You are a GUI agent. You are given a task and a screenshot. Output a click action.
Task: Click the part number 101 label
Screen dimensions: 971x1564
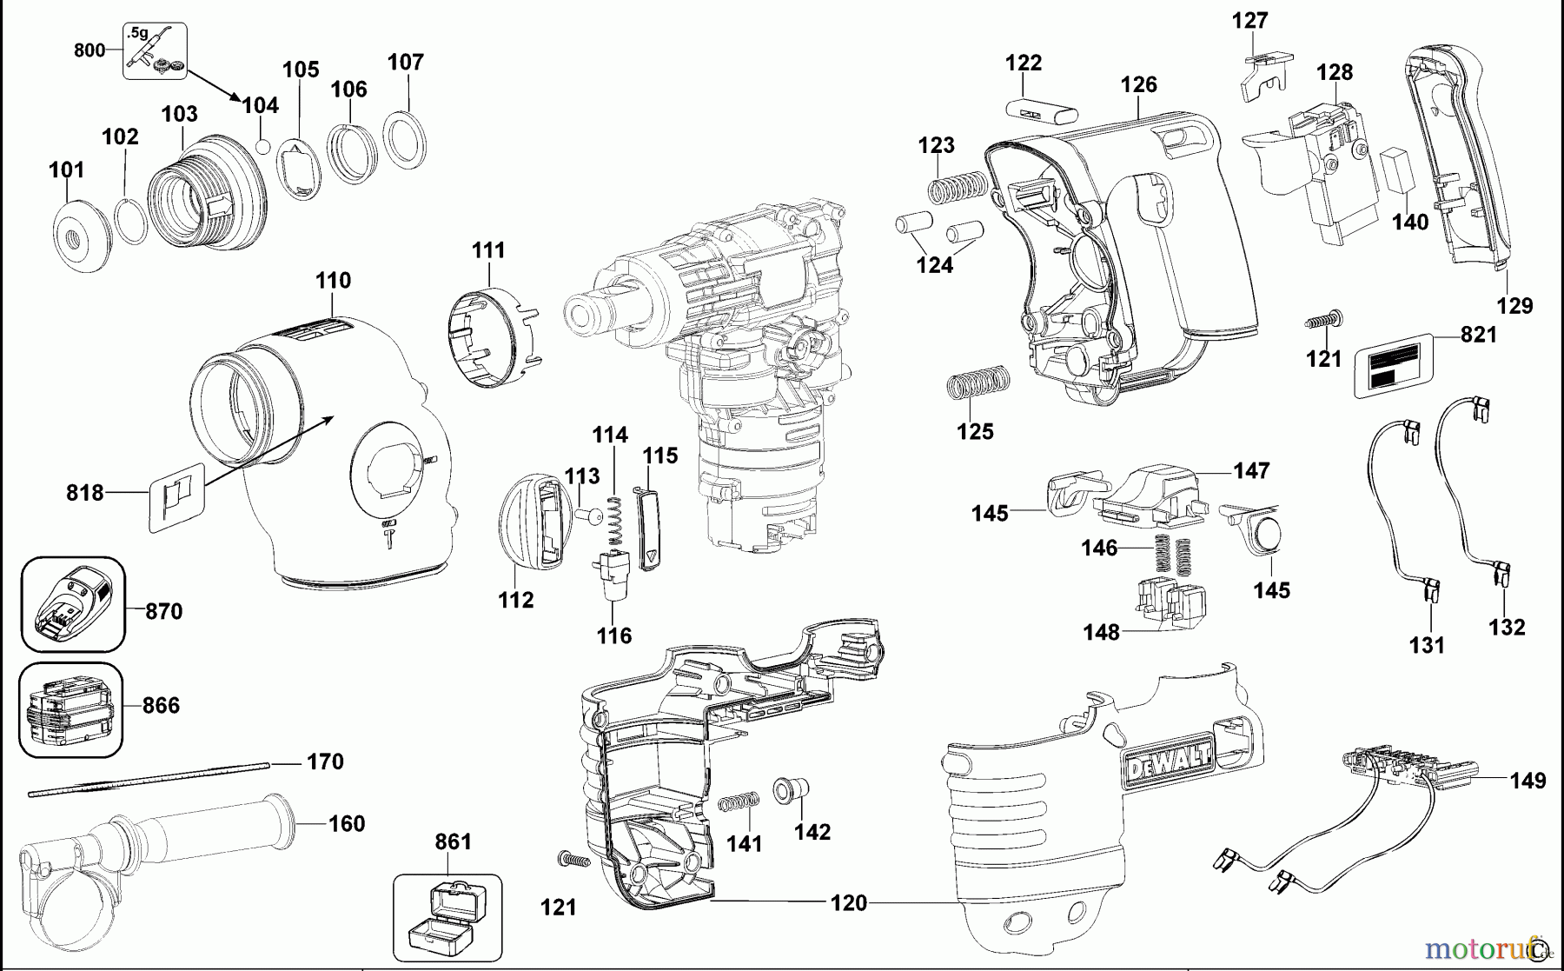pyautogui.click(x=66, y=170)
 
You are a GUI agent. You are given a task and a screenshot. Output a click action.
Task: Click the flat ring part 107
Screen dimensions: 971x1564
pyautogui.click(x=405, y=138)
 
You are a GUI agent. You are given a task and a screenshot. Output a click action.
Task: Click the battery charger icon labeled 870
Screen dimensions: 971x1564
pyautogui.click(x=73, y=605)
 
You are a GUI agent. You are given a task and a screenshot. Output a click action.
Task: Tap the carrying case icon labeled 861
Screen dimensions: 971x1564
pyautogui.click(x=447, y=917)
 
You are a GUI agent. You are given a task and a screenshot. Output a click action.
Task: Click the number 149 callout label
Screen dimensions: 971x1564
pyautogui.click(x=1528, y=781)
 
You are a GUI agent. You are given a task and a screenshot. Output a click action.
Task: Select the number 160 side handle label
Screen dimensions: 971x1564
pyautogui.click(x=347, y=823)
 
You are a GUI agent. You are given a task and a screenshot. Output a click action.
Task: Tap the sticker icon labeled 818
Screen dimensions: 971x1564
pyautogui.click(x=176, y=497)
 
